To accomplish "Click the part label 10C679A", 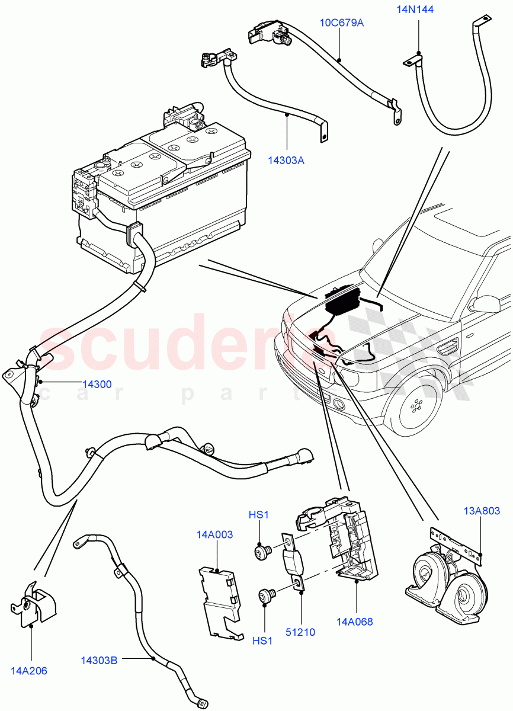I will point(342,23).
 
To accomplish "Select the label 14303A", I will point(286,159).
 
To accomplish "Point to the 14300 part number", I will point(97,385).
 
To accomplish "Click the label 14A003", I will point(214,534).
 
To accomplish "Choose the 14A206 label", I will point(28,671).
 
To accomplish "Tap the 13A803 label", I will point(482,510).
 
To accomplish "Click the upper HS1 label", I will point(258,515).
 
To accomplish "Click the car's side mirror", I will point(486,305).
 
